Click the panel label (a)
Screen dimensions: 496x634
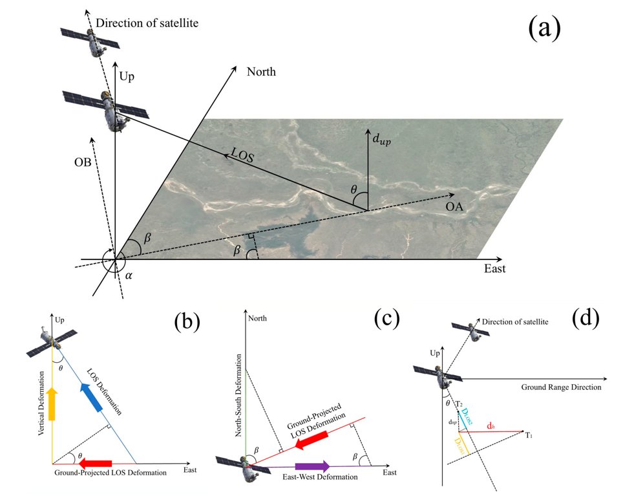click(545, 28)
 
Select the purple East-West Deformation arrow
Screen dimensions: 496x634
click(313, 466)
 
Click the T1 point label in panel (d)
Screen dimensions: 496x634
click(529, 435)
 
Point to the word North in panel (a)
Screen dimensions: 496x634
click(261, 72)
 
